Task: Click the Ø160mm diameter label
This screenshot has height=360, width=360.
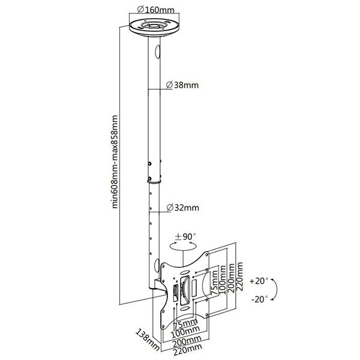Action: [x=155, y=10]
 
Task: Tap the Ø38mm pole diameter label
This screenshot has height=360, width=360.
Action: [x=182, y=85]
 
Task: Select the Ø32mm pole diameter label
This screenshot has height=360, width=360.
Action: [x=183, y=208]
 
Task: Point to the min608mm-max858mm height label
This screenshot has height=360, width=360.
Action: [x=115, y=162]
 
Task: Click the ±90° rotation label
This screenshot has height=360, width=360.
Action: [x=185, y=236]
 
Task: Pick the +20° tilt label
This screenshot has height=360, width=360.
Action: [x=259, y=281]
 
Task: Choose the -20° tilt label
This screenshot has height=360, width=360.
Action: [x=260, y=299]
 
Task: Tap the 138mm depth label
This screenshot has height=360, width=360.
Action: [x=148, y=340]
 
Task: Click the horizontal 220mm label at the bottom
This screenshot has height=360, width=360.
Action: [x=188, y=350]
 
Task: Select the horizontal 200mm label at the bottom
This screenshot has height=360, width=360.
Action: [x=187, y=341]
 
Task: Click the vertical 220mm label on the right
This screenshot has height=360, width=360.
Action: [x=239, y=277]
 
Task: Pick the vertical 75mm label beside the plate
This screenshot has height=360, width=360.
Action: [x=214, y=283]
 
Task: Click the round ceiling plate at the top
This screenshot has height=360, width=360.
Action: [x=154, y=27]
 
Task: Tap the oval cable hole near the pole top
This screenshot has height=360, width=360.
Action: [x=157, y=52]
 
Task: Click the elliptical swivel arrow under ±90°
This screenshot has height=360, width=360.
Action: [x=183, y=246]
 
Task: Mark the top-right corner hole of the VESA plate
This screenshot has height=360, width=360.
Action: [x=207, y=254]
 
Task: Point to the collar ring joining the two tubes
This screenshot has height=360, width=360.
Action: [x=154, y=182]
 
